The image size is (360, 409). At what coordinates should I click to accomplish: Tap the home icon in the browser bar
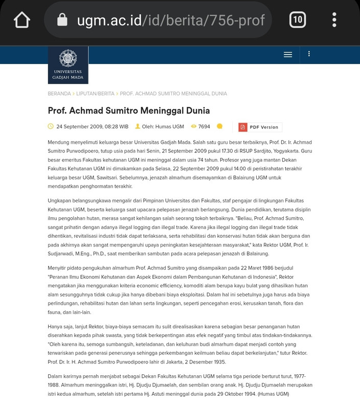point(22,20)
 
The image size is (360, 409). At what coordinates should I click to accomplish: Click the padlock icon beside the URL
point(62,20)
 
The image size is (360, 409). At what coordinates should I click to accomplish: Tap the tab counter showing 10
point(297,20)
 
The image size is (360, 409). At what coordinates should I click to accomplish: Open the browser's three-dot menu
point(334,20)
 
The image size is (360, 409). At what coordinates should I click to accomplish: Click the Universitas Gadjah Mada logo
point(68,65)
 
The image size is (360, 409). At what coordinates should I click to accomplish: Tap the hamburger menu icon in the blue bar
point(288,54)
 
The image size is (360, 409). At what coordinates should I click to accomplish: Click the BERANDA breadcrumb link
point(59,94)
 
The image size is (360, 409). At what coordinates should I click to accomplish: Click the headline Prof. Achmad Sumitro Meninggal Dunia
point(129,110)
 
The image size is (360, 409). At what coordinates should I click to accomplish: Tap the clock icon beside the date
point(51,126)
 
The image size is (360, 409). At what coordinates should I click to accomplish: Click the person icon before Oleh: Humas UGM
point(138,126)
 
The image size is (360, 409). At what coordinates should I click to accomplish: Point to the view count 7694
point(204,127)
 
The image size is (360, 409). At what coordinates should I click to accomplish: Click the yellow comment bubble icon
point(219,126)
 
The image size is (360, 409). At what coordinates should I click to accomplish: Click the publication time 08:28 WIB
point(117,127)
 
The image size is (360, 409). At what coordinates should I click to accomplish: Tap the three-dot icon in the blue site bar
point(309,54)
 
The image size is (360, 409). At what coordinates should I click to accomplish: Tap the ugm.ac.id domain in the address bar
point(109,20)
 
